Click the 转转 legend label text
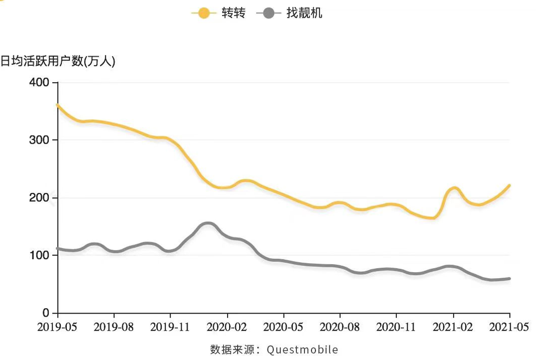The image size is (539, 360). tap(234, 13)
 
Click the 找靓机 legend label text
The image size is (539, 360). tap(304, 13)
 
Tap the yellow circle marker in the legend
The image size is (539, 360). tap(204, 13)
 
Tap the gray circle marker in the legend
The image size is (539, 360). tap(269, 13)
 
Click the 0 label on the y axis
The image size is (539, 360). tap(46, 313)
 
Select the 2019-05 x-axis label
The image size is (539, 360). tap(58, 328)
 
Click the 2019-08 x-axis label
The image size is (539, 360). tap(114, 328)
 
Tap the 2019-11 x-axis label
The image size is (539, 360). tap(171, 328)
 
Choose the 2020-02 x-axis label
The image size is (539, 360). tap(228, 328)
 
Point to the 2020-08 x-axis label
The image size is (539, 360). tap(340, 328)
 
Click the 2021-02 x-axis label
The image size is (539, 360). tap(453, 328)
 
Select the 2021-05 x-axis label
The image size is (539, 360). tap(509, 328)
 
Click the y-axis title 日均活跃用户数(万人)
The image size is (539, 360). tap(58, 61)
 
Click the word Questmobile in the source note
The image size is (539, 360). tap(302, 349)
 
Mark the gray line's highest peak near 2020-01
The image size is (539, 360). tap(208, 223)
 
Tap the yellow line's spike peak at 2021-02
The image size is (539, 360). tap(454, 188)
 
